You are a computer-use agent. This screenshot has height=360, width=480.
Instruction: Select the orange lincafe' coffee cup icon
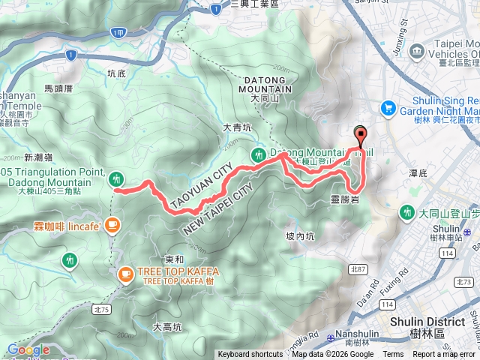coord(112,224)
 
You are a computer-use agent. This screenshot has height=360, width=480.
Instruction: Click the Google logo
coord(28,349)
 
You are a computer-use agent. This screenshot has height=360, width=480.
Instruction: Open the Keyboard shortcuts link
coord(250,355)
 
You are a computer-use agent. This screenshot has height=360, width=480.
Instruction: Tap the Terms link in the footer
coord(393,355)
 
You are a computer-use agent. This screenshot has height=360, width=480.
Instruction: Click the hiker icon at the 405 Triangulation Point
coord(115,178)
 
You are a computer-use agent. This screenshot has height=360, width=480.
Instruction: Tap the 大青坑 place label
coord(235,128)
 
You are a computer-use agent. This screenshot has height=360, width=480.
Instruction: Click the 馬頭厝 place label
coord(58,88)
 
